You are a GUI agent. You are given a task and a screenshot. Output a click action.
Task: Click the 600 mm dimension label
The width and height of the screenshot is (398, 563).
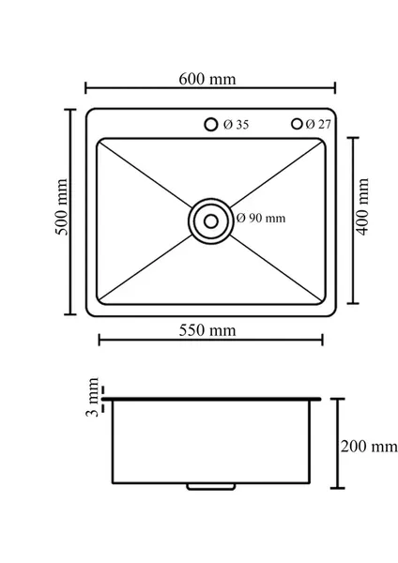point(207,79)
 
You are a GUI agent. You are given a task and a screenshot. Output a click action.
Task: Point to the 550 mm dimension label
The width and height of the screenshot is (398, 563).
point(207,330)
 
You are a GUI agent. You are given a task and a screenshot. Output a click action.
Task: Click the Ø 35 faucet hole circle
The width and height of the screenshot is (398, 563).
point(211,124)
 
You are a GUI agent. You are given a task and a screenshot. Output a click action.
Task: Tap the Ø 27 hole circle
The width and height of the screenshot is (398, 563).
point(298,124)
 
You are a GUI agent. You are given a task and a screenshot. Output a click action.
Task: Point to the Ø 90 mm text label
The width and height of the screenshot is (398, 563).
point(261,218)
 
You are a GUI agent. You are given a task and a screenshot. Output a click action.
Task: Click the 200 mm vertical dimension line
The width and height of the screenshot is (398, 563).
point(339,469)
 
